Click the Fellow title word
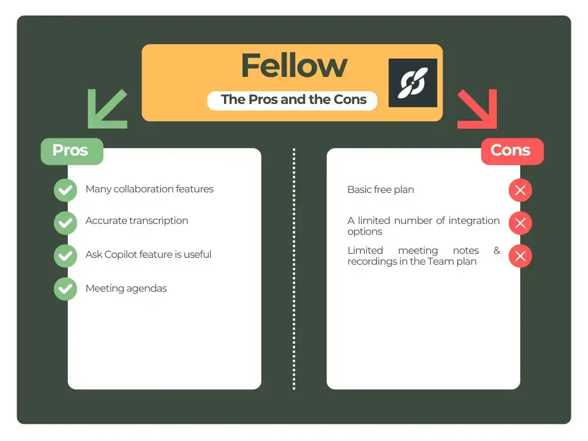(294, 66)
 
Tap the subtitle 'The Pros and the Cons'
(293, 99)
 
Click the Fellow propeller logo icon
(412, 83)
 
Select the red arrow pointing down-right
(477, 109)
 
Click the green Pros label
(71, 150)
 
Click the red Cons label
(510, 151)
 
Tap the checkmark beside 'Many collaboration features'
(65, 190)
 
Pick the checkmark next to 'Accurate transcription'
(65, 223)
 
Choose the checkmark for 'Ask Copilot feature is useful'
(65, 256)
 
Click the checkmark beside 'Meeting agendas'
(65, 289)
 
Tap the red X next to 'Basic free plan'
(520, 190)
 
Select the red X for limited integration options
(520, 223)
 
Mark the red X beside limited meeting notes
(520, 256)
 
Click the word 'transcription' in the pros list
(158, 220)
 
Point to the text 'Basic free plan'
(380, 189)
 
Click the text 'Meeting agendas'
(126, 288)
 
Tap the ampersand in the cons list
(496, 251)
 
